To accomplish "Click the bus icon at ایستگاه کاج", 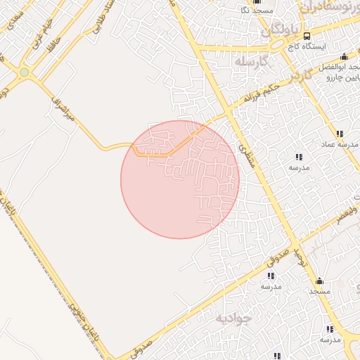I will [306, 36].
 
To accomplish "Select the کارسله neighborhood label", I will [254, 61].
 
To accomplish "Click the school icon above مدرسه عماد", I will [339, 134].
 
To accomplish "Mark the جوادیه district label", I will [231, 319].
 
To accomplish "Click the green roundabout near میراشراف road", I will [25, 72].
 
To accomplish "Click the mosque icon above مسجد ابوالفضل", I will [343, 56].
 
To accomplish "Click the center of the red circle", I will [180, 179].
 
